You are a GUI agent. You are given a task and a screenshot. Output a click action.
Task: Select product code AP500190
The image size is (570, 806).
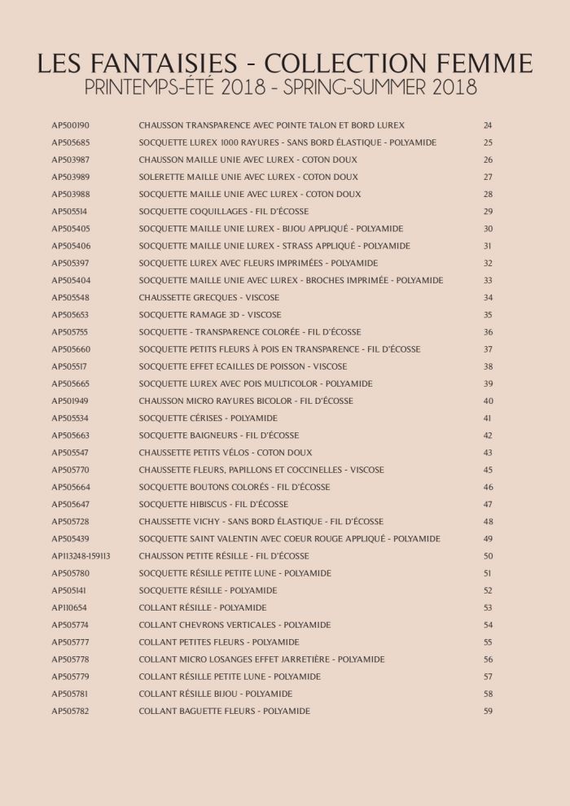click(x=71, y=125)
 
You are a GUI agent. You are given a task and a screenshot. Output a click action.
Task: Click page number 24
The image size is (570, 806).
click(x=488, y=125)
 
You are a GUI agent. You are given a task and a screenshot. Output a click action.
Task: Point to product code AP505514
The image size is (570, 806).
click(x=71, y=212)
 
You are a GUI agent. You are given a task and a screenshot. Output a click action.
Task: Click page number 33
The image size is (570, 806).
click(x=488, y=280)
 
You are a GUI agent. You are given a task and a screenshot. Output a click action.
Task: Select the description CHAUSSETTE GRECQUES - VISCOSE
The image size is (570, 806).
click(x=209, y=297)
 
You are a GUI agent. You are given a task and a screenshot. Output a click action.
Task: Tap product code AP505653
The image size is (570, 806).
click(x=71, y=314)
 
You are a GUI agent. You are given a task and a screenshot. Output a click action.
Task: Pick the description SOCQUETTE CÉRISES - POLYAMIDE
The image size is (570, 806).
click(x=208, y=418)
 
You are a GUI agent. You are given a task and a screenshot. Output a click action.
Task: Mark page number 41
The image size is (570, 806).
click(x=488, y=418)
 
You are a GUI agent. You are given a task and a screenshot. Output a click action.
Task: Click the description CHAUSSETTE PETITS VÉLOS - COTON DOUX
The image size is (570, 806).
click(x=225, y=453)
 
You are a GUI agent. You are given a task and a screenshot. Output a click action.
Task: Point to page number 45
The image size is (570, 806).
click(x=488, y=470)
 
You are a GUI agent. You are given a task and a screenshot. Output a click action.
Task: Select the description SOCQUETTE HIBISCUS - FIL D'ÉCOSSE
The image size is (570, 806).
click(x=213, y=504)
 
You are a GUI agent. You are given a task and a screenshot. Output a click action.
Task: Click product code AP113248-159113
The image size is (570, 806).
click(x=81, y=556)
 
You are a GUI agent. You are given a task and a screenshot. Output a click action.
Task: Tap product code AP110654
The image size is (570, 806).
click(x=69, y=607)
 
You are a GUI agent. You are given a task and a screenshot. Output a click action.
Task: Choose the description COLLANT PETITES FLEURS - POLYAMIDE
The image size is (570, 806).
click(x=219, y=642)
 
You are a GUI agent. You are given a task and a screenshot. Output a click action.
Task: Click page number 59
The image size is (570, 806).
click(x=488, y=711)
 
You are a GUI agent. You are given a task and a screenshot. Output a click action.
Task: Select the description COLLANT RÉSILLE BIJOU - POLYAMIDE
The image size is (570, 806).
click(x=216, y=694)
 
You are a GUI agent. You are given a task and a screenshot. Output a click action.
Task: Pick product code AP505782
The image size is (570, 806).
click(x=71, y=711)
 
